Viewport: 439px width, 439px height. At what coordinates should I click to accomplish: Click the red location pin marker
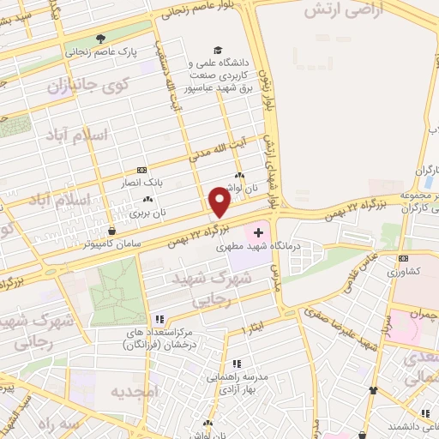[219, 202]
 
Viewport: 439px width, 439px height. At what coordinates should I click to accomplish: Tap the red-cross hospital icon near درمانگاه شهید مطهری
[258, 232]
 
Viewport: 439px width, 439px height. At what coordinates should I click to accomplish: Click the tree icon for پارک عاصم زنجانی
[100, 39]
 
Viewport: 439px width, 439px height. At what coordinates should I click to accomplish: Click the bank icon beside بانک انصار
[141, 170]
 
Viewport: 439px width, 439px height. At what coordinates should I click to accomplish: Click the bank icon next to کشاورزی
[403, 258]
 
